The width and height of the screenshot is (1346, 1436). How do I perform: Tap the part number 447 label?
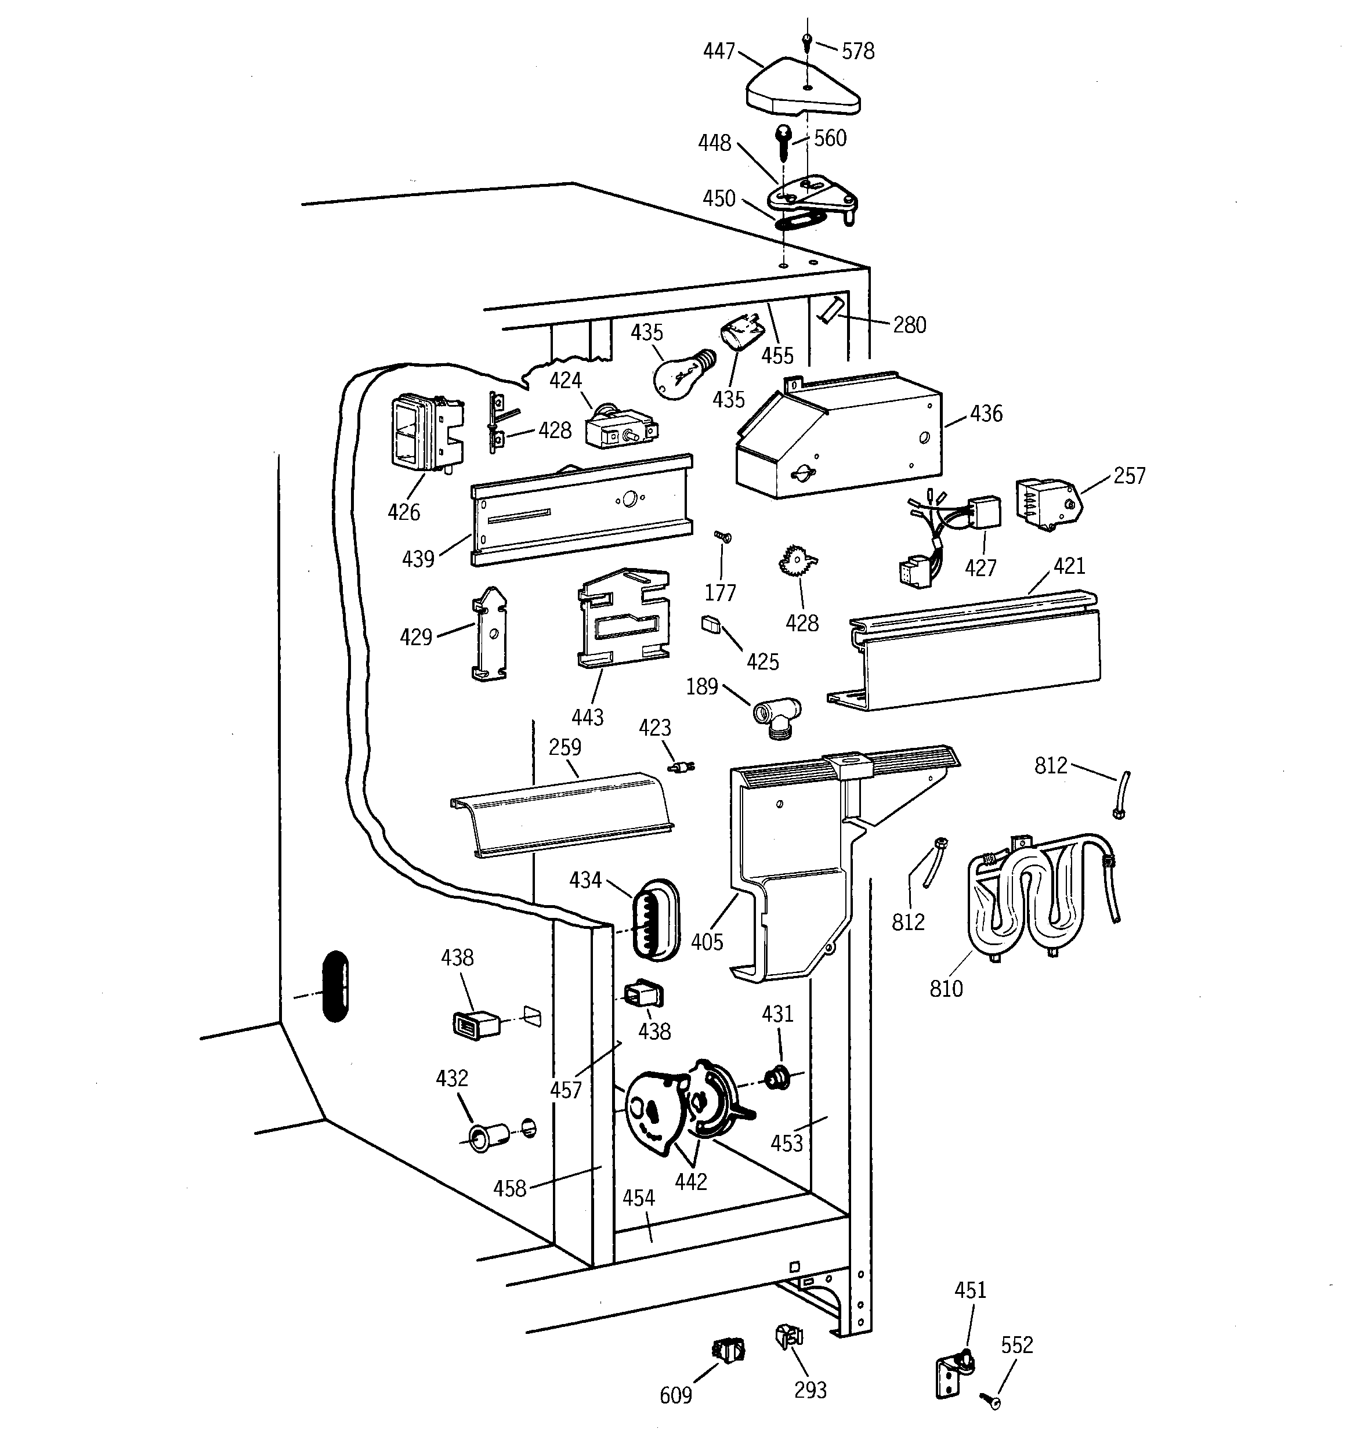point(719,51)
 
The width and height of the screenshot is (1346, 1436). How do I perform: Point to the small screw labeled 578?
point(807,45)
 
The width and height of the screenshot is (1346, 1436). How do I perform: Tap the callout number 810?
point(946,988)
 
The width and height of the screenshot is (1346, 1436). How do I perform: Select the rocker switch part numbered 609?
point(728,1350)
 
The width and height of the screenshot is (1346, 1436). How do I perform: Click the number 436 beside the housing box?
point(986,414)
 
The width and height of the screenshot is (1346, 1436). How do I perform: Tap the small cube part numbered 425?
point(711,623)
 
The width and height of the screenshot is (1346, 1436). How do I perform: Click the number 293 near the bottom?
point(810,1390)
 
